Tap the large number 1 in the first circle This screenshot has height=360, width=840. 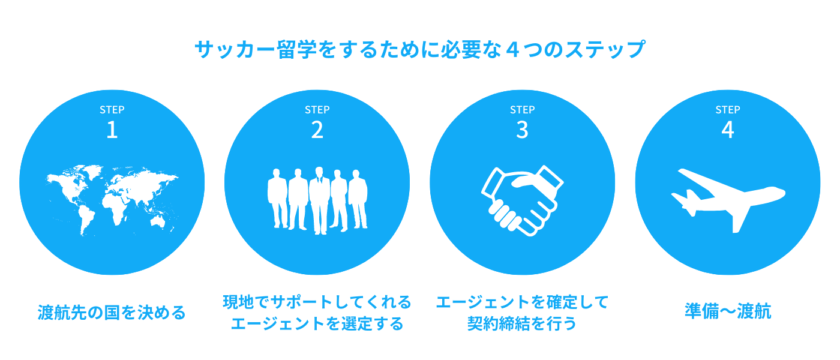click(112, 130)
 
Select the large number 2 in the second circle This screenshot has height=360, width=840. click(317, 130)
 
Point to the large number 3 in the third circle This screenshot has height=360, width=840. click(522, 130)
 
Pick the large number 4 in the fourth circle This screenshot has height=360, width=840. click(727, 130)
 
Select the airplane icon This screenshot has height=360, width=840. click(727, 198)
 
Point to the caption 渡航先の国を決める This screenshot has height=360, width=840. click(112, 313)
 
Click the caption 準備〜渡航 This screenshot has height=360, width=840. click(727, 311)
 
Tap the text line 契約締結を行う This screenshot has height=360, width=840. click(521, 324)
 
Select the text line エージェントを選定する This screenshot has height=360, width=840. click(317, 324)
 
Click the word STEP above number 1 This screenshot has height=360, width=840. click(112, 110)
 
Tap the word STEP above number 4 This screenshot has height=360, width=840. click(727, 110)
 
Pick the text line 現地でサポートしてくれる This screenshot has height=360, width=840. click(317, 301)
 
